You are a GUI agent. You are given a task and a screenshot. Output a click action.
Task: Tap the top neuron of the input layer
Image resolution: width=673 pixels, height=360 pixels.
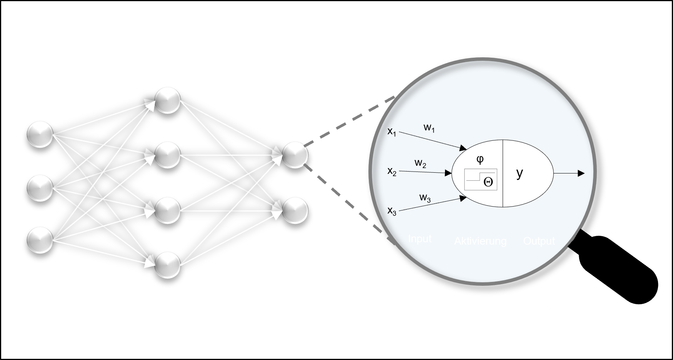pos(40,134)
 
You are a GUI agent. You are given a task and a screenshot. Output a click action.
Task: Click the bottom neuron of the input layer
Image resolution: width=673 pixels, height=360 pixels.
pos(40,240)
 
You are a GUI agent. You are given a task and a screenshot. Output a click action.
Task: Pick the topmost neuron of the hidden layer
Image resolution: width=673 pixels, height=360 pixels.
pos(167,100)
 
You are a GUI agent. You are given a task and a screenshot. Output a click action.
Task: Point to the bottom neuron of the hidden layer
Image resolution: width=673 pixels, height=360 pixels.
pos(167,264)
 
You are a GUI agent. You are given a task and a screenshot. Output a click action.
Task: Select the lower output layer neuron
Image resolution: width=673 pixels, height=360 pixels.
pos(295,210)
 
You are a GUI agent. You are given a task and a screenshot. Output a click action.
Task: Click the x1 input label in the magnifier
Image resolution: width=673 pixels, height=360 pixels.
pos(391,132)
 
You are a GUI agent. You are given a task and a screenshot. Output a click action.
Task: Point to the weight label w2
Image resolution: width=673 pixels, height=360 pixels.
pos(420,163)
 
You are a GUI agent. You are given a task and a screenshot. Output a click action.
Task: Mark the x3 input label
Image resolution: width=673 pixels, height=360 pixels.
pos(391,211)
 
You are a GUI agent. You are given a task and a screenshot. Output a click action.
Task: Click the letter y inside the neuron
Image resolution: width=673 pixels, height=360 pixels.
pos(520,173)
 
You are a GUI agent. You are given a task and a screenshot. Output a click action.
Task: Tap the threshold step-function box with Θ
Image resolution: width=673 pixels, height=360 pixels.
pos(480,179)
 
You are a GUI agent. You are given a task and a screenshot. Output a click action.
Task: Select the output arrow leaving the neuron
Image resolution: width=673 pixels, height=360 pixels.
pos(569,173)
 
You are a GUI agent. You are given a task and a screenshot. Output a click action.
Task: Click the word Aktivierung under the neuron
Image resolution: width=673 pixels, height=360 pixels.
pos(480,241)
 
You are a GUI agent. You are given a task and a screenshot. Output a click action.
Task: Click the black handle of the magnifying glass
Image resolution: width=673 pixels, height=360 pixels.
pos(619,273)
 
